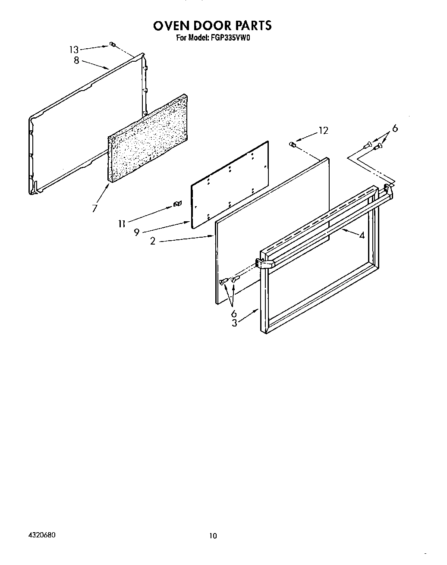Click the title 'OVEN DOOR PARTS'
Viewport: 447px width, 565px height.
(212, 25)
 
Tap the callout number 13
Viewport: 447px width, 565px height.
(74, 50)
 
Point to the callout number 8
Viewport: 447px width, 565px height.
(76, 60)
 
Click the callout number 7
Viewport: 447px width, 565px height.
(94, 208)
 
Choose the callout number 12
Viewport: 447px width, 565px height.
(323, 130)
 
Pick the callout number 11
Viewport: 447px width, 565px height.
(122, 223)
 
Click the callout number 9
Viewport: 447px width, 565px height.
(136, 232)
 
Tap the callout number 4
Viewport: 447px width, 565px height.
(362, 235)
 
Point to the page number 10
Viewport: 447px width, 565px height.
(213, 536)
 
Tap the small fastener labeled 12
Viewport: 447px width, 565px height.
(293, 144)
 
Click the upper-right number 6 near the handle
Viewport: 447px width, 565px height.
(394, 129)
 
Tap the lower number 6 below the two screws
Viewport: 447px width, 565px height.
(234, 314)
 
